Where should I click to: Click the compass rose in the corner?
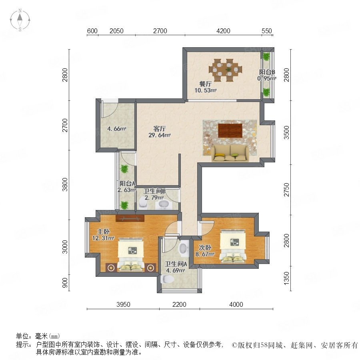coord(20,20)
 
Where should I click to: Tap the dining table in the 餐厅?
coord(225,70)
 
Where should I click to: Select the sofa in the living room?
coord(230,153)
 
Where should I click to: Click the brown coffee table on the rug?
coord(230,130)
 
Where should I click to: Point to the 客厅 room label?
coord(160,128)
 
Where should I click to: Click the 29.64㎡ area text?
coord(160,135)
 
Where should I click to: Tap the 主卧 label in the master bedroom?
coord(103,232)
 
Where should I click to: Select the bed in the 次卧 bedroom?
coord(233,247)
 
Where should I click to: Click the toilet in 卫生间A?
coord(167,279)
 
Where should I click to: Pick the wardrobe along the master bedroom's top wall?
coord(130,218)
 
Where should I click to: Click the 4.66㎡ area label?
coord(117,129)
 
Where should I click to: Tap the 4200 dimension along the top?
coord(223,31)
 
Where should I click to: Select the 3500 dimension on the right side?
coord(286,132)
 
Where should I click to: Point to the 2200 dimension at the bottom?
coord(179,304)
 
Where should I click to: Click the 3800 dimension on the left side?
coord(66,184)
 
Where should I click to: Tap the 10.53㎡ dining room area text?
coord(206,90)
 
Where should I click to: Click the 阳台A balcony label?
coord(128,184)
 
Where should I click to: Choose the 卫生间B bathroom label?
coord(154,191)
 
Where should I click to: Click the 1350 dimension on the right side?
coord(286,278)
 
